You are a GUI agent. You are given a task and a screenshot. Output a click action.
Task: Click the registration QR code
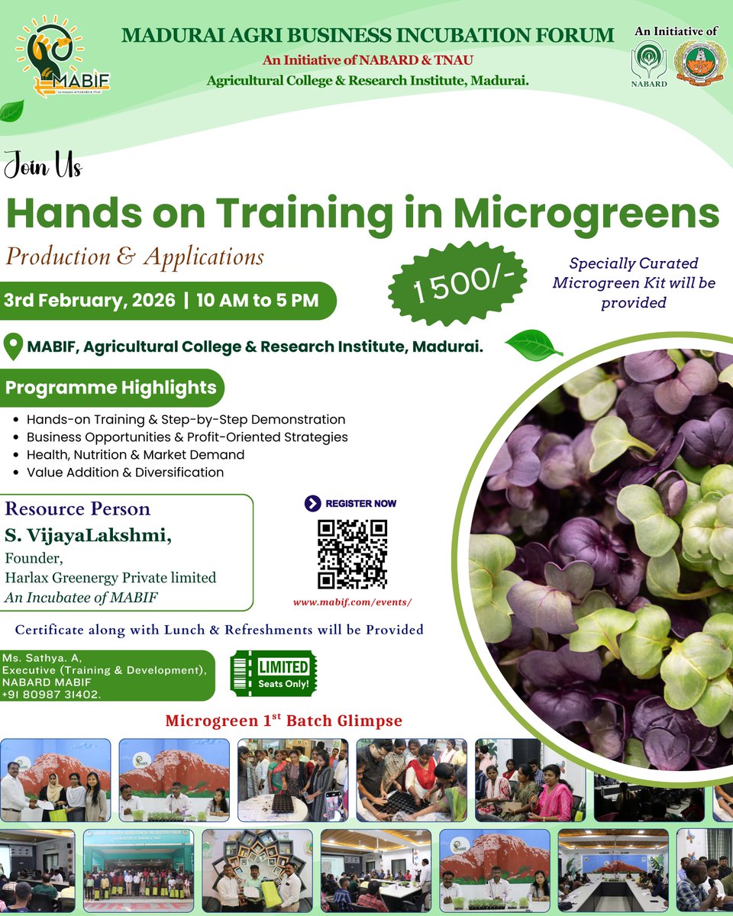(x=352, y=555)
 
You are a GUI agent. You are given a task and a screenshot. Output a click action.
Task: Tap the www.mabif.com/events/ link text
(x=352, y=602)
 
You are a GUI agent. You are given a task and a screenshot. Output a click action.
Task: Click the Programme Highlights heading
(x=111, y=388)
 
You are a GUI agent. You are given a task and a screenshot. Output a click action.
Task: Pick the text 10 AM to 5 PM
(x=257, y=300)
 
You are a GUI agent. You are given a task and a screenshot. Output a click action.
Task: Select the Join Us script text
(x=42, y=165)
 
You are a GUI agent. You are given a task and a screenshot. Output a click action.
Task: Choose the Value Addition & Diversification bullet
(x=125, y=472)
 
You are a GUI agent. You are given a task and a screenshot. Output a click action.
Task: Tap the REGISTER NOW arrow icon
(x=312, y=503)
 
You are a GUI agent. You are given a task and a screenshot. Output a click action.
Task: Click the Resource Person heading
(x=78, y=509)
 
